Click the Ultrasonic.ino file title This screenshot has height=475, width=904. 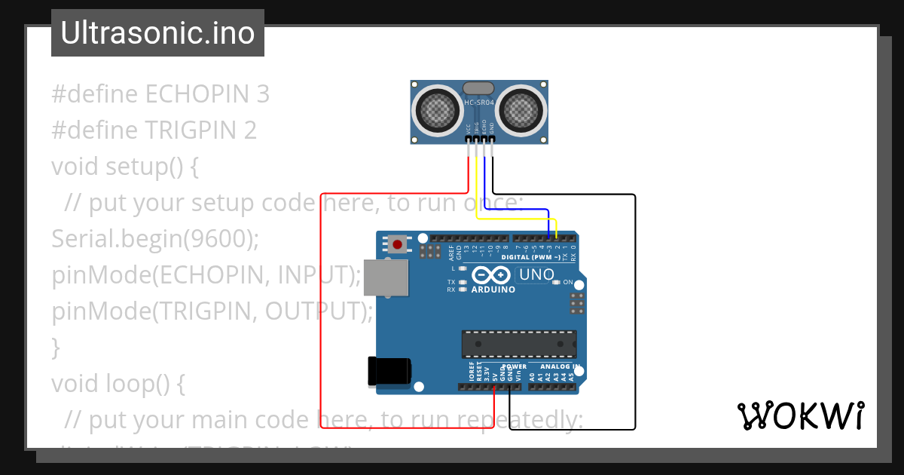click(157, 33)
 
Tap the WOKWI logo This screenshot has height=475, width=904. click(800, 415)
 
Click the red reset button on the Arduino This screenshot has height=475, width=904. click(397, 244)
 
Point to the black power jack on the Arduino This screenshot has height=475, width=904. click(389, 370)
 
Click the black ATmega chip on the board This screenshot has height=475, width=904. click(519, 343)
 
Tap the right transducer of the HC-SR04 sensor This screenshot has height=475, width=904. click(521, 110)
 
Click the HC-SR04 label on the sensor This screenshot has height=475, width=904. click(479, 103)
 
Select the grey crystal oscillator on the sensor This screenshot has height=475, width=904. click(479, 88)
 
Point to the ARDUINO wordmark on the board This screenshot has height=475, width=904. click(493, 290)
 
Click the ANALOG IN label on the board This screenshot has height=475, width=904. click(560, 367)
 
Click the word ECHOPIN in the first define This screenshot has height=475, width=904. click(200, 94)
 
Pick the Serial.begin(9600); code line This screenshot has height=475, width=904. click(155, 239)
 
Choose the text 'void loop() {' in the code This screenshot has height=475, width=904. click(118, 384)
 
